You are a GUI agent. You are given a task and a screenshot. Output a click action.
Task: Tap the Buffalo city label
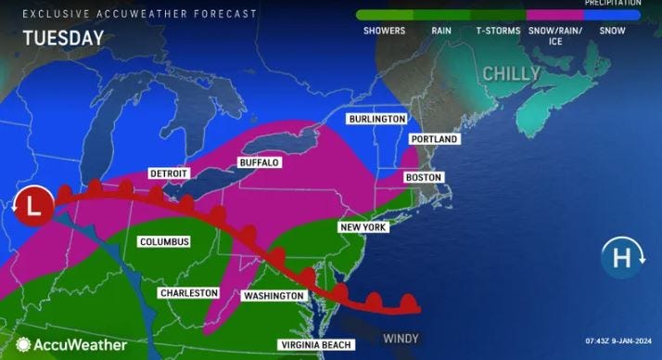tap(259, 162)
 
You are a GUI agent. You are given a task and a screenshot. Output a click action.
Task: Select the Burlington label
tap(377, 120)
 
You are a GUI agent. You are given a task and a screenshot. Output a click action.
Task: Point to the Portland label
tap(434, 139)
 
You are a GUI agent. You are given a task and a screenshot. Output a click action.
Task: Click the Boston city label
tap(423, 177)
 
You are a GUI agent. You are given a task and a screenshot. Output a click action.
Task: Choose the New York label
tap(363, 227)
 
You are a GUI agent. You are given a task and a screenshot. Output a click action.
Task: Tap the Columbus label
tap(164, 242)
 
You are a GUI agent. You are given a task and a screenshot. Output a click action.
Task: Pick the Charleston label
tap(188, 293)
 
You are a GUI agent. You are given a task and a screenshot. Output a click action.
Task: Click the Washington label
tap(273, 296)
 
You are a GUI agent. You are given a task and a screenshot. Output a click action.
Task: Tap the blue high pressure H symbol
tap(618, 257)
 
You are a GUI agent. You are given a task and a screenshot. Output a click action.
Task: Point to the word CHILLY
tap(510, 73)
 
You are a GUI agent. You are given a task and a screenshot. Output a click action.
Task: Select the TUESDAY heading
tap(63, 38)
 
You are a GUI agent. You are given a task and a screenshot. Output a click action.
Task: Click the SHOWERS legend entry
tap(384, 31)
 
